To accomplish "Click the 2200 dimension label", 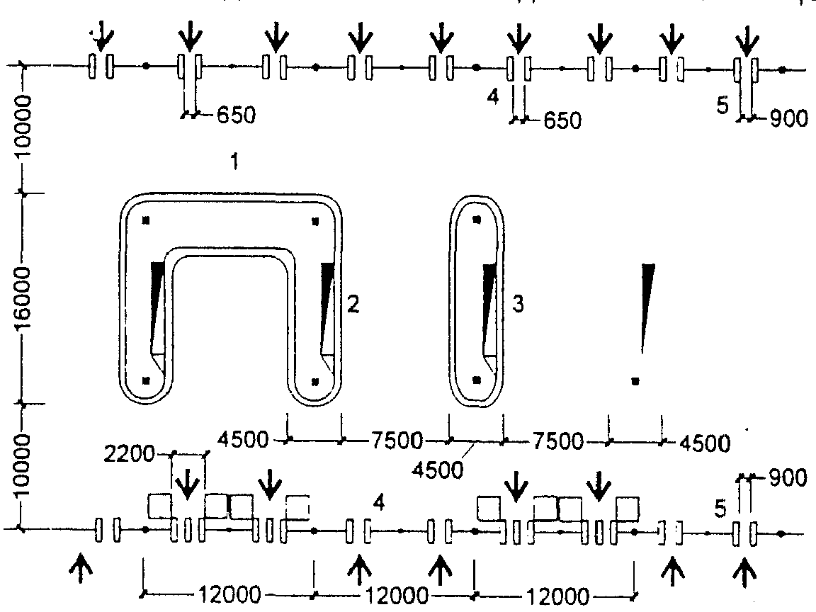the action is pyautogui.click(x=129, y=455).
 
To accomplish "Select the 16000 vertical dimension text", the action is pyautogui.click(x=23, y=298).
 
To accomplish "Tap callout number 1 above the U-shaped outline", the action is pyautogui.click(x=234, y=161).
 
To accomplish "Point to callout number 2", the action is pyautogui.click(x=353, y=304).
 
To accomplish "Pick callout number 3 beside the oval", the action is pyautogui.click(x=518, y=304).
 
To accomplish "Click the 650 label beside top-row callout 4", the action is pyautogui.click(x=562, y=120).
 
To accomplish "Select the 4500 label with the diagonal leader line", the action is pyautogui.click(x=437, y=470).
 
